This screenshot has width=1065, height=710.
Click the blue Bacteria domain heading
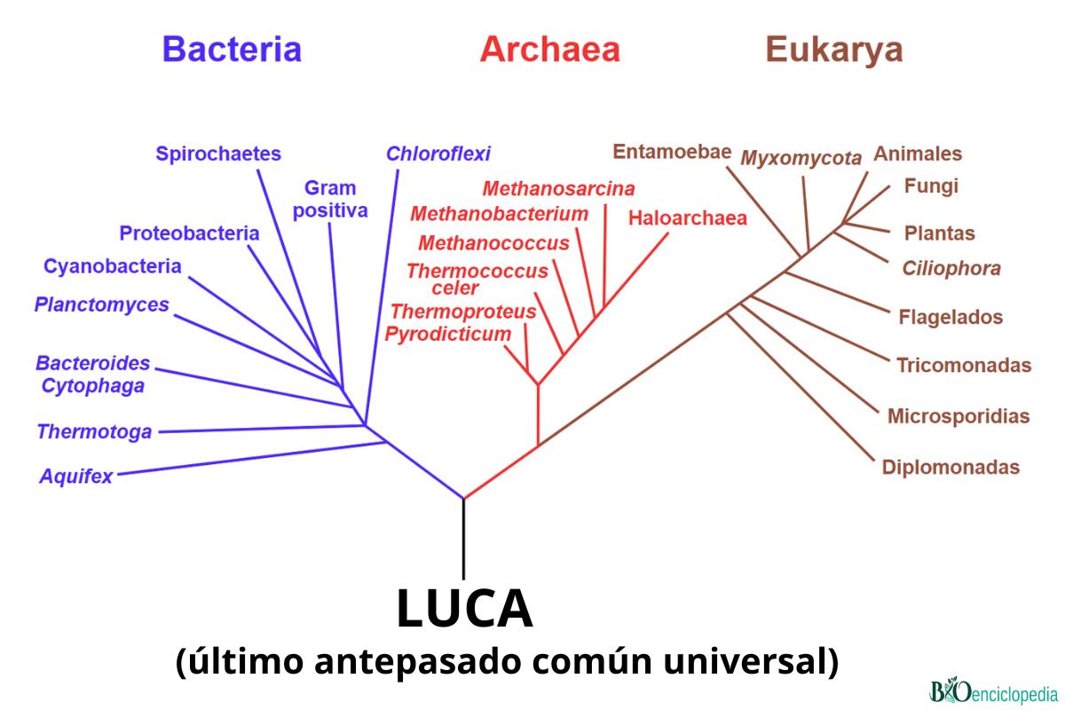coord(232,50)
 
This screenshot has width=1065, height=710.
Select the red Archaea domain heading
coord(549,50)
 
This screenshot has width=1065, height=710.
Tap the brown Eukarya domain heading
coord(833,50)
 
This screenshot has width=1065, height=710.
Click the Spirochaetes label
coord(218,154)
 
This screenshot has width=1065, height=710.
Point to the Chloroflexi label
coord(438,154)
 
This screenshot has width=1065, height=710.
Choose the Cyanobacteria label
coord(113,266)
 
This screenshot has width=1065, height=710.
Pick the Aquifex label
coord(76,477)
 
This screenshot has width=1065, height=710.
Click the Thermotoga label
coord(94,432)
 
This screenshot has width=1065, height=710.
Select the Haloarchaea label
coord(688,218)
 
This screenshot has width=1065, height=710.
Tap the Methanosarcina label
coord(559,188)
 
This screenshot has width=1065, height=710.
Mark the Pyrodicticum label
coord(448,334)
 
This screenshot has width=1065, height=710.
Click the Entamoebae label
coord(672,151)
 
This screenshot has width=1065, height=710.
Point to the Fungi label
coord(931,186)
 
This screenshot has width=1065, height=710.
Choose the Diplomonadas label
coord(951,467)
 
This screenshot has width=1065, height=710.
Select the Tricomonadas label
coord(964,365)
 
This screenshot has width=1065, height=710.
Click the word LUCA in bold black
coord(464,610)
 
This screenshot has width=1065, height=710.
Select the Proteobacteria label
coord(190,233)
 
